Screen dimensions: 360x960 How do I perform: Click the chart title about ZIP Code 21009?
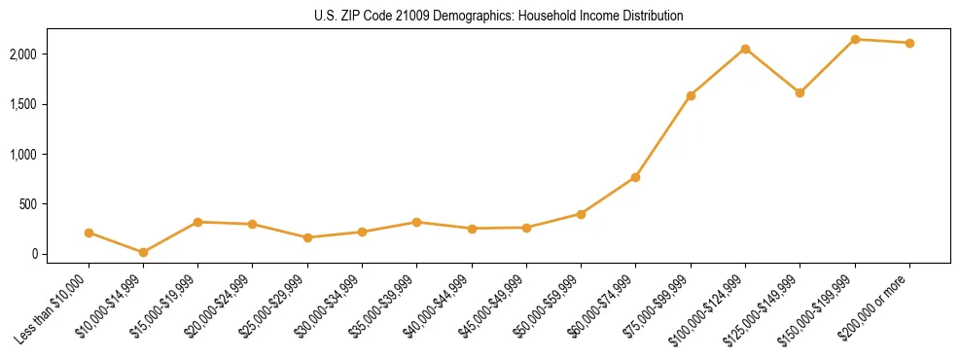[499, 16]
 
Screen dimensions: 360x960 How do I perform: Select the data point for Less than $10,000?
[89, 233]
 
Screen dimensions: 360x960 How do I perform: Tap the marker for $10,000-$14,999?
[143, 252]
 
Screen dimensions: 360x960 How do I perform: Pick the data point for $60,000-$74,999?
[635, 177]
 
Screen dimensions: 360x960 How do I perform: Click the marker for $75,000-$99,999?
[691, 95]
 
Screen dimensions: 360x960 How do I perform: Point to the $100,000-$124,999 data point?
[745, 49]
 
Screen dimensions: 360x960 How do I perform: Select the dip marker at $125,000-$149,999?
[800, 92]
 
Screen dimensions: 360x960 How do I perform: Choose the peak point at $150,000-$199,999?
[855, 39]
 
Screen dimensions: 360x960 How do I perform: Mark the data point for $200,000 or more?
[909, 43]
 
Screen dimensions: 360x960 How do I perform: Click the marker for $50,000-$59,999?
[581, 214]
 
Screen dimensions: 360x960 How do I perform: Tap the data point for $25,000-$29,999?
[307, 237]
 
